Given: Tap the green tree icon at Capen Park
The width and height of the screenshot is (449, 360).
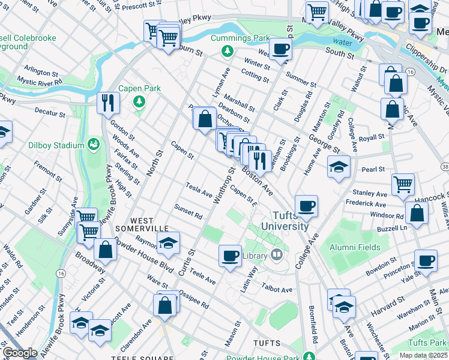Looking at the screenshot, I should click(139, 100).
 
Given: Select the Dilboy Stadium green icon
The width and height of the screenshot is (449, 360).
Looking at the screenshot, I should click(93, 144).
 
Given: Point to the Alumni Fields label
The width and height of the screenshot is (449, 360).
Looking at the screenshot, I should click(354, 247).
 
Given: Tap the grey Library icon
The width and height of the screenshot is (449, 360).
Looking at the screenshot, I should click(276, 255).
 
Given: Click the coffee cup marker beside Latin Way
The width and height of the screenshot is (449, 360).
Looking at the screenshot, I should click(230, 255).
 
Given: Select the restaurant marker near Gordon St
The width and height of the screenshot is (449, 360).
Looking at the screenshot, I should click(109, 102).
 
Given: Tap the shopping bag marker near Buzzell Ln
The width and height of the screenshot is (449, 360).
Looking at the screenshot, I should click(417, 212).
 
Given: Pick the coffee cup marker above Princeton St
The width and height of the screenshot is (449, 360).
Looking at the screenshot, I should click(426, 260).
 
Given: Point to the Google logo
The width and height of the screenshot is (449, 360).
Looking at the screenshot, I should click(20, 353).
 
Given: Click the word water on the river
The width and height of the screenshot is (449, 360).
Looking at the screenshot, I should click(342, 43).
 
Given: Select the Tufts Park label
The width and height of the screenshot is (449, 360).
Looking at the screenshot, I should click(426, 342).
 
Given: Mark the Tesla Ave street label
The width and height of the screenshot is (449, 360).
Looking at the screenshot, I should click(199, 190).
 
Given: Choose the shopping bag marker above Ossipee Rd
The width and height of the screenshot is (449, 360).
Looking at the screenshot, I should click(164, 305).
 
